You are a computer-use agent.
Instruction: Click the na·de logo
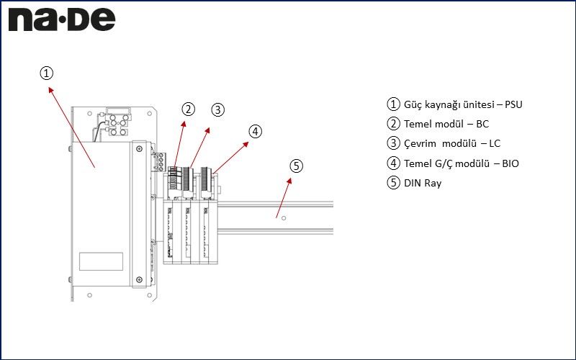click(x=62, y=19)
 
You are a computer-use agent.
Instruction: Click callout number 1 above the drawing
click(x=46, y=73)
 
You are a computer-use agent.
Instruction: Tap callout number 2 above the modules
click(x=188, y=109)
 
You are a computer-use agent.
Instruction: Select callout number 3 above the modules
click(x=217, y=109)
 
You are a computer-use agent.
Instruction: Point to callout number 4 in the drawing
click(x=255, y=131)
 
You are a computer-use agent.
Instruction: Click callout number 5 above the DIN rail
click(x=296, y=166)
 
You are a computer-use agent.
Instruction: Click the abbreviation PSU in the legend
click(x=513, y=104)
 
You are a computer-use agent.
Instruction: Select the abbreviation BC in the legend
click(x=482, y=124)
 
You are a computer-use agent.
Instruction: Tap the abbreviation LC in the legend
click(x=495, y=143)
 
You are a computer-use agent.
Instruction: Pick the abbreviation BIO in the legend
click(x=510, y=163)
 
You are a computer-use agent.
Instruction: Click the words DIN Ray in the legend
click(x=423, y=183)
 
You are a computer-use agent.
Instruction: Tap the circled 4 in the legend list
click(x=393, y=163)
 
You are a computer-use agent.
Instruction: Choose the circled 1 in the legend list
click(x=393, y=104)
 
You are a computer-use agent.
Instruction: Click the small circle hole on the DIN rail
click(x=284, y=217)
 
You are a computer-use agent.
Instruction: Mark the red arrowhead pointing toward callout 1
click(x=50, y=89)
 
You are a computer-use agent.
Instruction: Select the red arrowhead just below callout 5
click(x=292, y=179)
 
